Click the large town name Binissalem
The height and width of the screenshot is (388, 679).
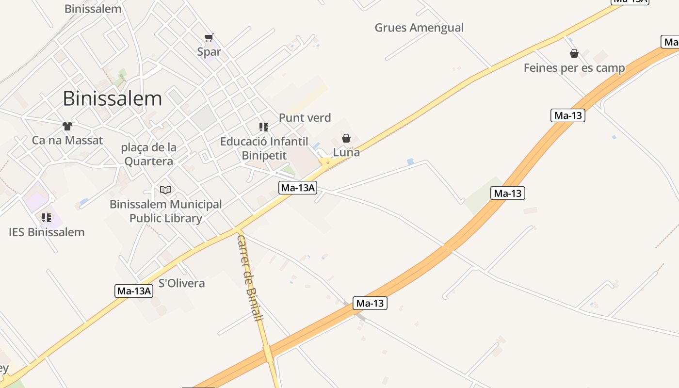coord(112,98)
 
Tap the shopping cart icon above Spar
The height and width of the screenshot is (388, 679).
coord(209,37)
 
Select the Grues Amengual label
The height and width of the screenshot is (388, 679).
coord(419,28)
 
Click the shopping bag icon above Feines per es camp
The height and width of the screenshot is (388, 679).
coord(574,53)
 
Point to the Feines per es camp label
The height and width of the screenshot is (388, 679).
coord(574,68)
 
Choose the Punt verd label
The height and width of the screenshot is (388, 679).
coord(305,117)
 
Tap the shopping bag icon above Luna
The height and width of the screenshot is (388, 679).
coord(346,138)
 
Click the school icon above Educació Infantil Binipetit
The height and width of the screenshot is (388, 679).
coord(264,127)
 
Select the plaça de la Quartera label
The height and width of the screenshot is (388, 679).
coord(148,154)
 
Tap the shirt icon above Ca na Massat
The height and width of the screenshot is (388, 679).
coord(67,126)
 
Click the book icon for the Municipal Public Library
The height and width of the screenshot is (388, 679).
coord(165,190)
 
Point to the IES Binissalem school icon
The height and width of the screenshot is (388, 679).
coord(47,217)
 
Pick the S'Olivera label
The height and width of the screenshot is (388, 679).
coord(182,283)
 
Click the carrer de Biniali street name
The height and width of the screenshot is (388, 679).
coord(250,277)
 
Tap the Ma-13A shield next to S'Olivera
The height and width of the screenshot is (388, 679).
coord(134,291)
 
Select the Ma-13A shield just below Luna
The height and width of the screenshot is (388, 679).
coord(298,188)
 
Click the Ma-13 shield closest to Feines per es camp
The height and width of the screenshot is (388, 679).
coord(568,115)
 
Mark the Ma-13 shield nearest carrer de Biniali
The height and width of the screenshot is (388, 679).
coord(370,304)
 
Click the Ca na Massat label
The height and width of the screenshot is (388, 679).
coord(67,141)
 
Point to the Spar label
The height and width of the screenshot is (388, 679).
coord(209,51)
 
